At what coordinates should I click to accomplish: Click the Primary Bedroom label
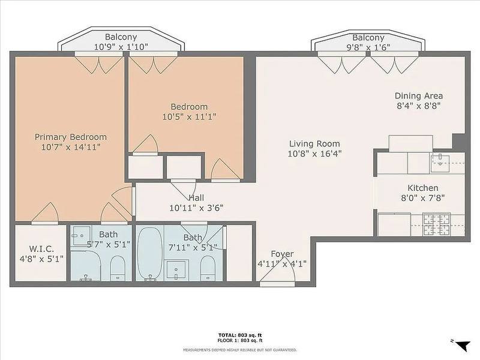click(71, 137)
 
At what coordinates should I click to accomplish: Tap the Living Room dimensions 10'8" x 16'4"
click(314, 154)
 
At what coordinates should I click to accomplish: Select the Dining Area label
click(418, 96)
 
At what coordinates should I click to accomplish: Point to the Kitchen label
click(423, 188)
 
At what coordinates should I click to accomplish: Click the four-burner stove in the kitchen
click(436, 224)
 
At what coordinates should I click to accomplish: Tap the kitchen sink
click(440, 164)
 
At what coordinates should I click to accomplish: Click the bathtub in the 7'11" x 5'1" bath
click(149, 253)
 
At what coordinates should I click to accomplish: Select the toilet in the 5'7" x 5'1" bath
click(118, 268)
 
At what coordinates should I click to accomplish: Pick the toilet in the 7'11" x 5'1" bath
click(208, 268)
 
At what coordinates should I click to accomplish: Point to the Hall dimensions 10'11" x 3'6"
click(196, 208)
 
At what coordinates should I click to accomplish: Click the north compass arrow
click(462, 346)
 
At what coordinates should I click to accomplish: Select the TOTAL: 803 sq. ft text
click(240, 335)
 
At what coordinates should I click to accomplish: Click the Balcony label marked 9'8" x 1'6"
click(368, 38)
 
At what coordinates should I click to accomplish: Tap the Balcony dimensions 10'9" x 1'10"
click(121, 47)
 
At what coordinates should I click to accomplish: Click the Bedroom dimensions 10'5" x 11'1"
click(190, 116)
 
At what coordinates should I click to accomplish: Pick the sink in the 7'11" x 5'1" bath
click(176, 269)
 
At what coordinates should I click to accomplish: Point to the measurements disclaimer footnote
click(240, 350)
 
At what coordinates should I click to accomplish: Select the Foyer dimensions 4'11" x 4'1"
click(282, 263)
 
